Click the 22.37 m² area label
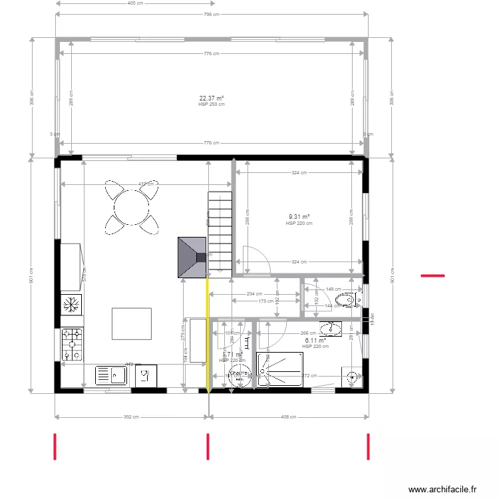tap(212, 98)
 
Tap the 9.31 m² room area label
tap(299, 217)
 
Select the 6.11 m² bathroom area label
tap(315, 341)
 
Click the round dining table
tap(132, 207)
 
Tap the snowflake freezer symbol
tap(72, 305)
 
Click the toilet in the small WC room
tap(349, 301)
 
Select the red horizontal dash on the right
tap(432, 275)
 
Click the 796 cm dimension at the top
tap(212, 14)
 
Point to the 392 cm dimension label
tap(131, 418)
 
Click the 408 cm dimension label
tap(288, 418)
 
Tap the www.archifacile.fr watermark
tap(442, 489)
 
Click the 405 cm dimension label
tap(135, 3)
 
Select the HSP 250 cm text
tap(212, 104)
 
